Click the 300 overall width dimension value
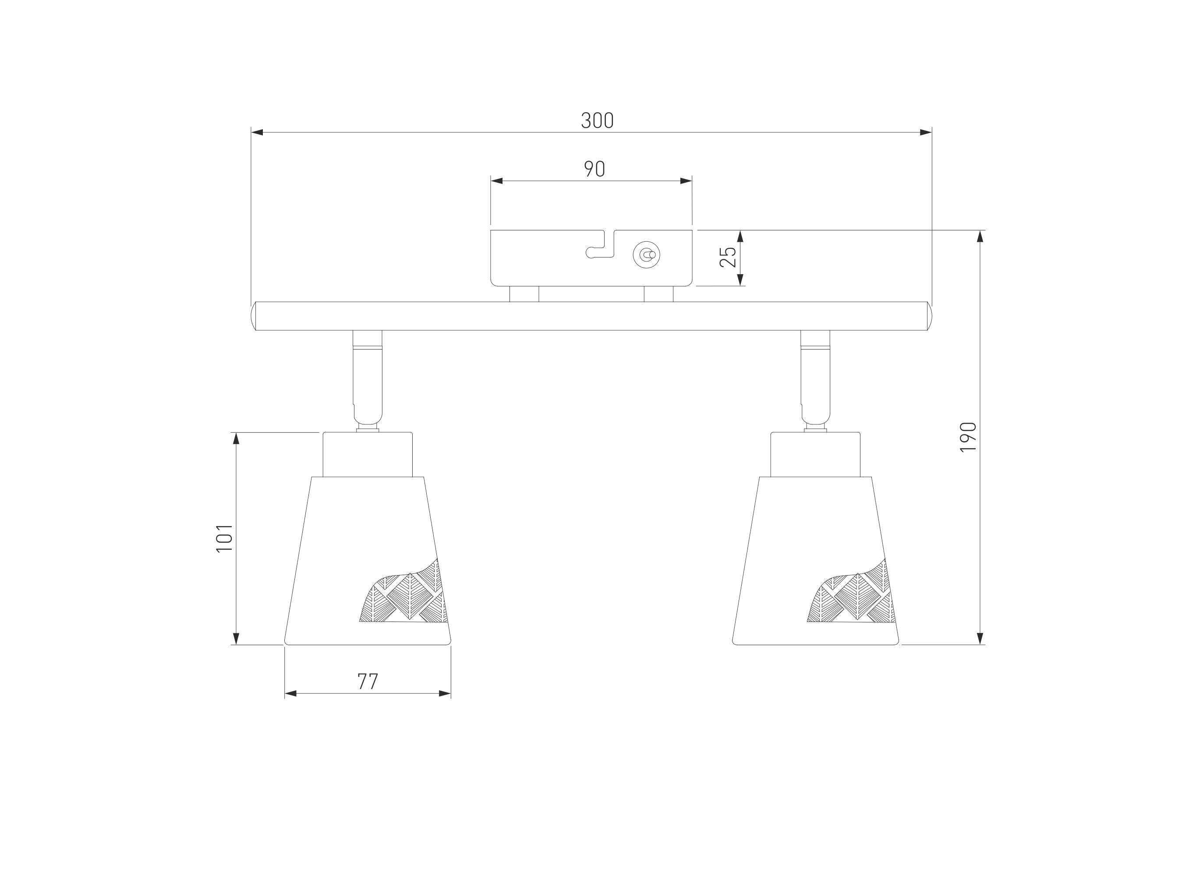point(597,120)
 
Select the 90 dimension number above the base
point(594,169)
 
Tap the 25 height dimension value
point(728,257)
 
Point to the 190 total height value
point(968,437)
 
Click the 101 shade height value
point(224,538)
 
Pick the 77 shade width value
point(368,682)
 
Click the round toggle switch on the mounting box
point(647,255)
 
